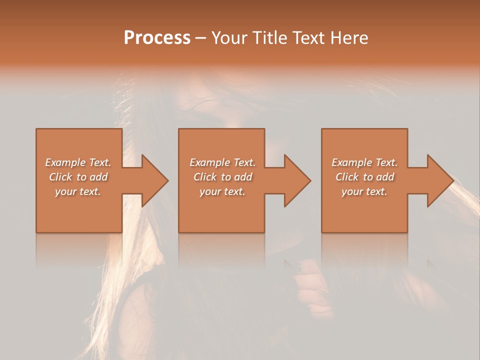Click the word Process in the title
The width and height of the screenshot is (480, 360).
157,38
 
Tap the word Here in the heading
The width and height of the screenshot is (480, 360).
348,38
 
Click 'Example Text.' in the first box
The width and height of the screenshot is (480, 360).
78,162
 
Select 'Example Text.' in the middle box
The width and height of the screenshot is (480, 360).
222,162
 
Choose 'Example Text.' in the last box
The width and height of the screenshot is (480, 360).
364,162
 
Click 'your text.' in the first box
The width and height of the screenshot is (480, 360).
78,191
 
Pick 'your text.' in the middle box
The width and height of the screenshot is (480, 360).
222,191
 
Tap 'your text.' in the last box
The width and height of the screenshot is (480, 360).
364,191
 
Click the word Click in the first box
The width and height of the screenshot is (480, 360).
60,177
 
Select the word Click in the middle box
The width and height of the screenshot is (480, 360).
205,177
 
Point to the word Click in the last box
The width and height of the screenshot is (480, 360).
347,177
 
